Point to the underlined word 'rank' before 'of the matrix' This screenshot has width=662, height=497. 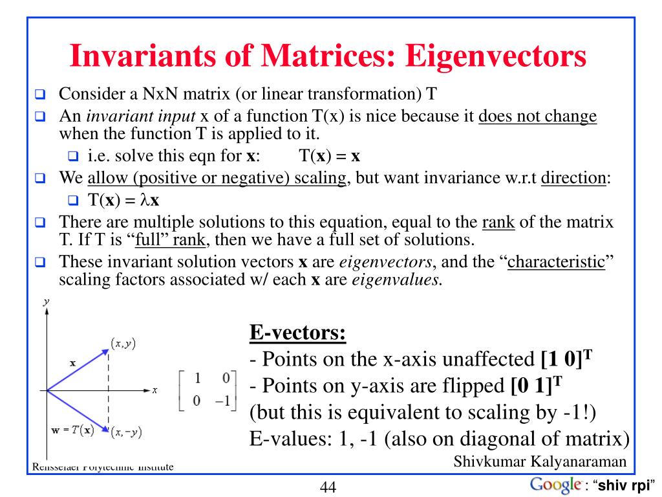pos(498,223)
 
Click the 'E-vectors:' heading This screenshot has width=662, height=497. pos(297,335)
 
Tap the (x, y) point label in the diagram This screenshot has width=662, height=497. pos(123,344)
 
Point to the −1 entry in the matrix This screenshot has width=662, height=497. pos(223,401)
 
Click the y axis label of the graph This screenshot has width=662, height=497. pos(47,302)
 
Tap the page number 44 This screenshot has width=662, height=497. pos(328,487)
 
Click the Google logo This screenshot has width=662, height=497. pos(555,485)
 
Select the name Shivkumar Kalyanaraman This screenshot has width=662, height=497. pos(540,462)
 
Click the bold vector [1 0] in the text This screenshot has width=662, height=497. pos(564,358)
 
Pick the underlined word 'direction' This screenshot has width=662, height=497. pos(573,178)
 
